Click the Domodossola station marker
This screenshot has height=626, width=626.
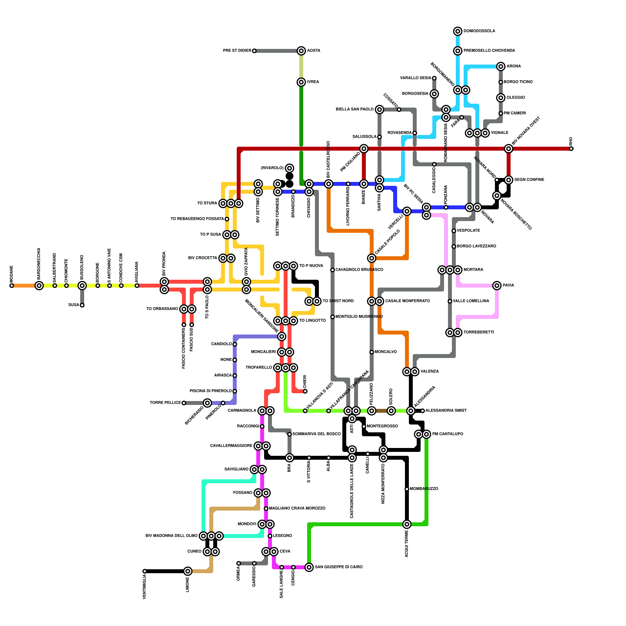(458, 31)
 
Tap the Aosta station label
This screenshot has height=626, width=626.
(313, 51)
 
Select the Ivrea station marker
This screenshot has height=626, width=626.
(301, 82)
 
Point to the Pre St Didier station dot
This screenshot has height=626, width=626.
(254, 51)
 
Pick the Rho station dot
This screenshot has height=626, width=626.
(571, 149)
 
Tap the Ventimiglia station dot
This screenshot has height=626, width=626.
(145, 571)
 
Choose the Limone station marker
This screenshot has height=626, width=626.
(188, 571)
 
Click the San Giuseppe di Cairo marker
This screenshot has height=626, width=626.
(309, 567)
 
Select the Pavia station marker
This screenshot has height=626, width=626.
(497, 286)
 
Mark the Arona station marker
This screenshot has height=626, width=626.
(501, 67)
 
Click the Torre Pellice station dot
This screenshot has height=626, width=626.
(184, 403)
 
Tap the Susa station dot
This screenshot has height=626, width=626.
(82, 305)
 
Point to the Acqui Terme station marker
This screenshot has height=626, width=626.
(407, 524)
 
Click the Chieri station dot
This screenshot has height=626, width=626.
(305, 391)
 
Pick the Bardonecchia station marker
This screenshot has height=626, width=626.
(39, 286)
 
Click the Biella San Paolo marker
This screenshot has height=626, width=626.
(380, 110)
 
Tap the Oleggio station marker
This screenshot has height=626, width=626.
(501, 98)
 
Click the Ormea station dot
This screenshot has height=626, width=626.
(239, 563)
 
